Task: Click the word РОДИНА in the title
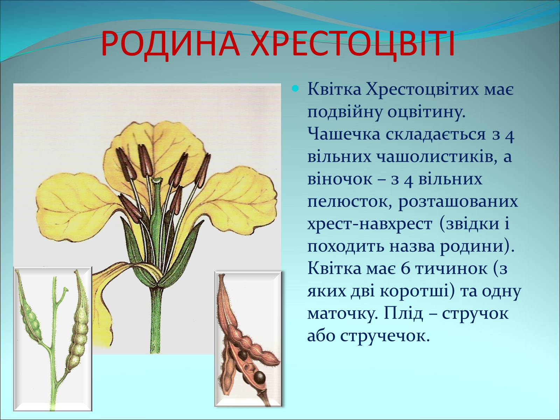pyautogui.click(x=170, y=44)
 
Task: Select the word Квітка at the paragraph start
pyautogui.click(x=334, y=89)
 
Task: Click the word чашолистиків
pyautogui.click(x=436, y=156)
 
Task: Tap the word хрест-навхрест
pyautogui.click(x=370, y=224)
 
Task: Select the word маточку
pyautogui.click(x=342, y=314)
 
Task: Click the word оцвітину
pyautogui.click(x=426, y=112)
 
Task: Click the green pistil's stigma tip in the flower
pyautogui.click(x=157, y=180)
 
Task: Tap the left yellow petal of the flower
pyautogui.click(x=77, y=206)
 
